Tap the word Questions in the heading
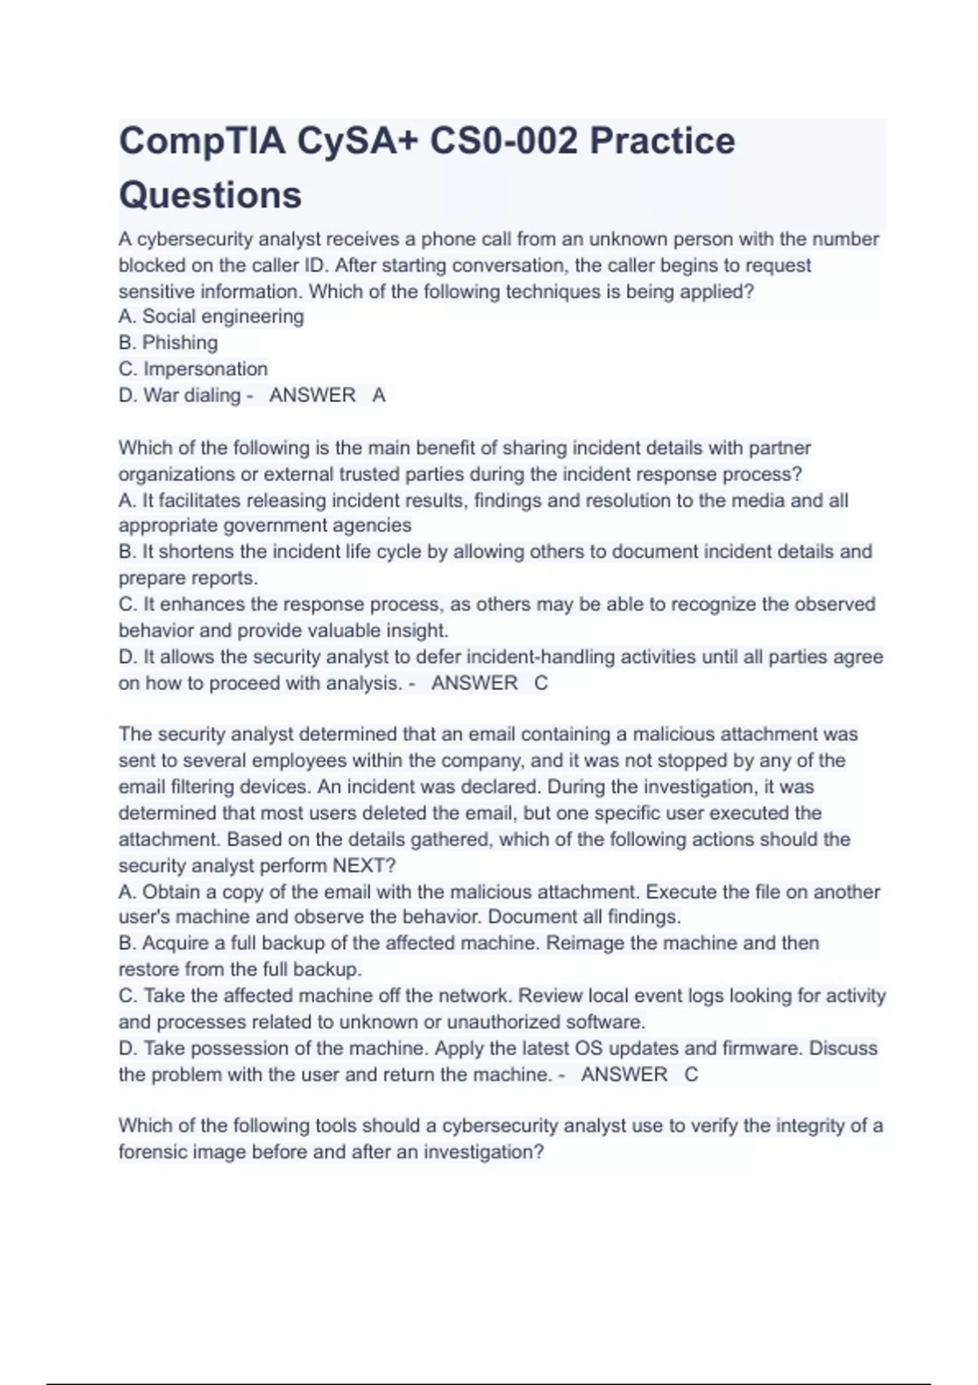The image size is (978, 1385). (210, 195)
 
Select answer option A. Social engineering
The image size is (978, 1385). (211, 317)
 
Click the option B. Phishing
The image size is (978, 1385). (168, 343)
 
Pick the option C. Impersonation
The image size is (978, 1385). (193, 369)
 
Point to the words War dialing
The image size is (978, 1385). (192, 395)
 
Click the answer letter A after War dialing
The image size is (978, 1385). (379, 395)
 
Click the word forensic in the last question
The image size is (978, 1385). (152, 1153)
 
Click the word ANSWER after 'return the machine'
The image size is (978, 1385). (624, 1075)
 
